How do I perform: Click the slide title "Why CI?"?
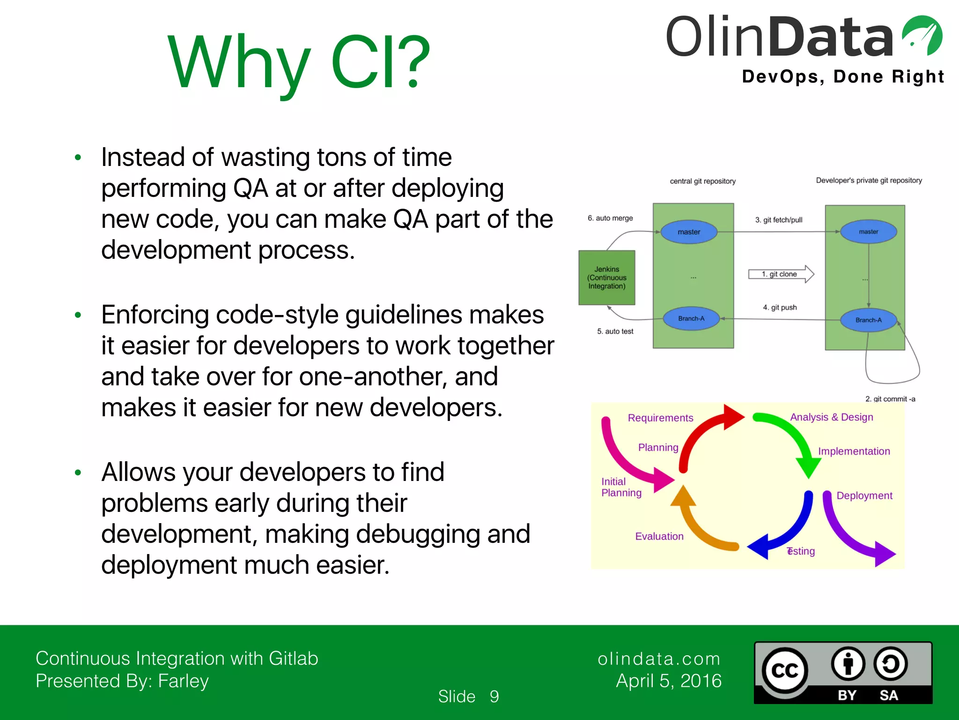tap(299, 62)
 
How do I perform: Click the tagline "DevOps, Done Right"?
tap(843, 76)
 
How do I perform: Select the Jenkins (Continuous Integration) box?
tap(607, 277)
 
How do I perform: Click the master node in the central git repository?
tap(689, 232)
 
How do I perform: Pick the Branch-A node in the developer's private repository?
tap(869, 320)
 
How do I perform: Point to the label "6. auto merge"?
tap(610, 218)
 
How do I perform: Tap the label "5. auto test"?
tap(615, 331)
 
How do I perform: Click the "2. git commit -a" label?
tap(890, 399)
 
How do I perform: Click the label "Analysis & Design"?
tap(832, 417)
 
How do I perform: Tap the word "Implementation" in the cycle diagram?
tap(854, 451)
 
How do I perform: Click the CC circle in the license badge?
tap(784, 671)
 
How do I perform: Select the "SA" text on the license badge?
tap(888, 695)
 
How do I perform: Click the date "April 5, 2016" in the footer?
tap(669, 681)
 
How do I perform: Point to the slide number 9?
tap(494, 697)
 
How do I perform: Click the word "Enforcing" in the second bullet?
tap(155, 315)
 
